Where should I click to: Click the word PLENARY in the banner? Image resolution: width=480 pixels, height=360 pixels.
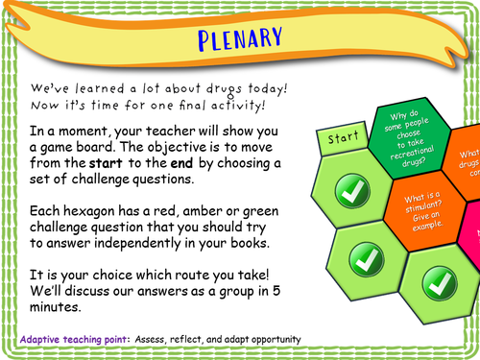tap(241, 39)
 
